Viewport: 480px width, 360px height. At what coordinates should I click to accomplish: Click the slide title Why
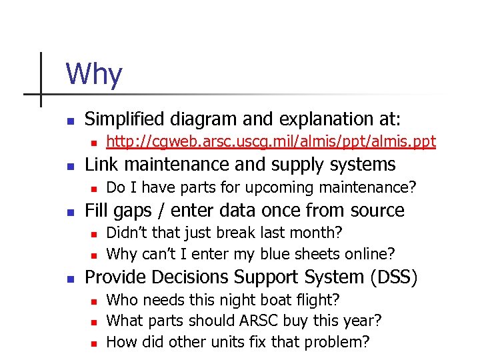(94, 74)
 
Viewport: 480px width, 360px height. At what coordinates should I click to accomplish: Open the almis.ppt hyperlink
(271, 141)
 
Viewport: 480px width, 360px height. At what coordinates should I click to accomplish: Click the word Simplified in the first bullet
(125, 119)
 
